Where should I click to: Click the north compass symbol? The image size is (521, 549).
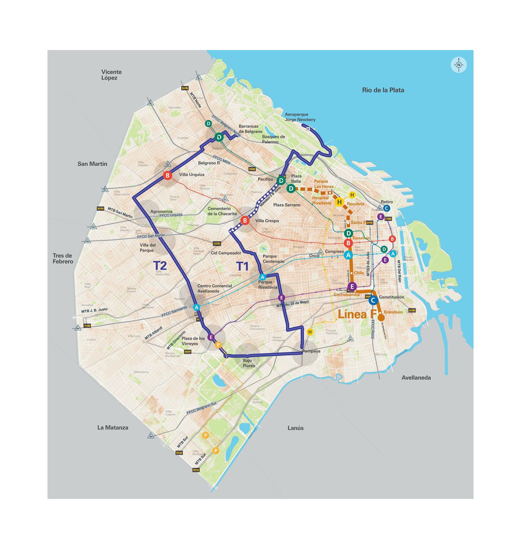pos(459,65)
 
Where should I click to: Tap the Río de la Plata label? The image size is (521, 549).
pos(383,90)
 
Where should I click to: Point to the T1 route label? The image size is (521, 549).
pos(242,266)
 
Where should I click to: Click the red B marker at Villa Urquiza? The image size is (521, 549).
pos(167,176)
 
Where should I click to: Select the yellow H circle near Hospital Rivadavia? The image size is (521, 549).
pos(339,202)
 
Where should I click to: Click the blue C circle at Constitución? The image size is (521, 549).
pos(373,300)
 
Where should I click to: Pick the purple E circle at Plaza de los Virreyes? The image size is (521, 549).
pos(211,337)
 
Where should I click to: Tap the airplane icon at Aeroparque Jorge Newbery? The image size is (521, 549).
pos(308,129)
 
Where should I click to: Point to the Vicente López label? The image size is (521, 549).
pos(111,75)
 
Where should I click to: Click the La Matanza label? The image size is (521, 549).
pos(113,428)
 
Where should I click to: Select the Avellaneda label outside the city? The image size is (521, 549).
pos(416,378)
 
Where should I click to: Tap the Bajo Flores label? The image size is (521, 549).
pos(249,363)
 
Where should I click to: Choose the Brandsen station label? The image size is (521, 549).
pos(393,312)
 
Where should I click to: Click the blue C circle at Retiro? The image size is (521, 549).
pos(386,208)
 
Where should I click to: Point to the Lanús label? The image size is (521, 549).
pos(296,428)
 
